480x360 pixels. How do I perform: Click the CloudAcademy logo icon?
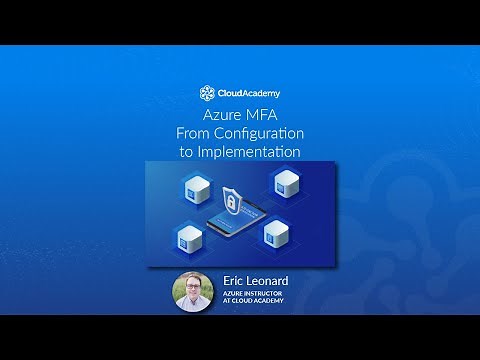coord(207,93)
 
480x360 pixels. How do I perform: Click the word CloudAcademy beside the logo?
coord(247,93)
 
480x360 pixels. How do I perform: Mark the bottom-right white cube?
coord(276,235)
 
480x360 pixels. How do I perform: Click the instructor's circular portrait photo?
coord(193,291)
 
